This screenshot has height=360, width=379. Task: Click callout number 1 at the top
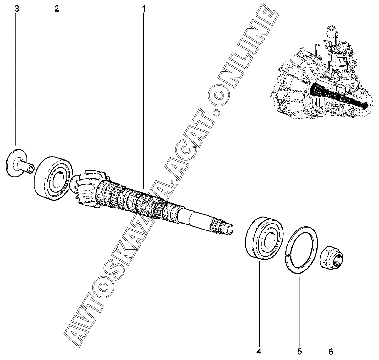click(144, 9)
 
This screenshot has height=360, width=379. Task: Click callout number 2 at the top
click(57, 9)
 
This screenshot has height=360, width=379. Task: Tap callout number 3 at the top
click(17, 9)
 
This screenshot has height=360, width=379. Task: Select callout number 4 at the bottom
click(259, 351)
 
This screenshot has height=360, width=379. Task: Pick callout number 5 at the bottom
click(299, 351)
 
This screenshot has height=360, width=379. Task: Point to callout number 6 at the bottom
click(331, 351)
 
